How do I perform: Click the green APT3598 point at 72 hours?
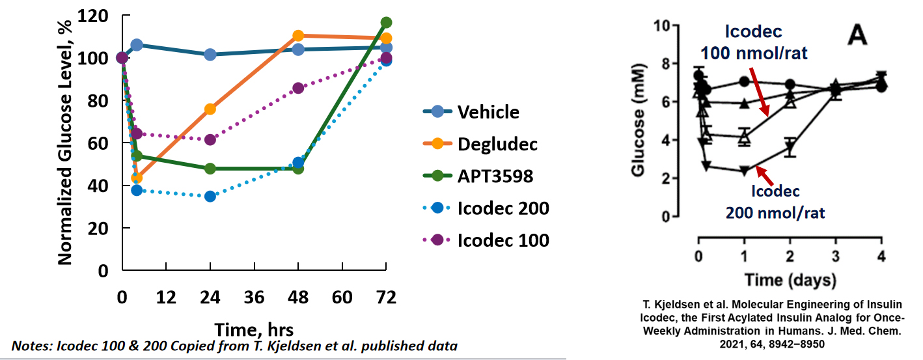click(x=386, y=22)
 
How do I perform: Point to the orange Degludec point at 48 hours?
click(x=298, y=36)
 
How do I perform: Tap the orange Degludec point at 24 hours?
click(x=210, y=109)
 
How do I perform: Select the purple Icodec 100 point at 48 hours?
click(x=298, y=88)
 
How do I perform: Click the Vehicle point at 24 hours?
click(x=210, y=55)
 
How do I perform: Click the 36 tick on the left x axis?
click(x=254, y=298)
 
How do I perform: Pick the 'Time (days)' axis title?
click(x=790, y=280)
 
